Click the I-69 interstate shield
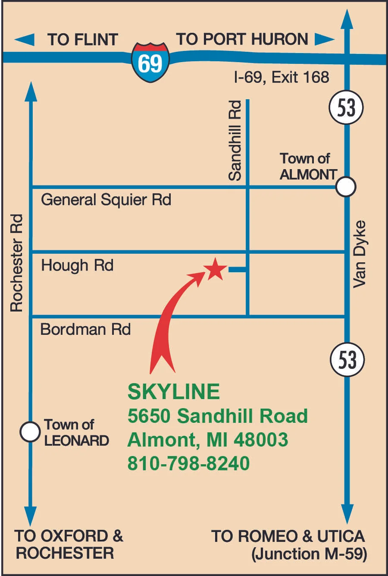point(150,62)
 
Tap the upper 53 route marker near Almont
point(346,107)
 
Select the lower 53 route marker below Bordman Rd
point(347,359)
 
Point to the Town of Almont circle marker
point(346,187)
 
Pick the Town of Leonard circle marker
point(30,431)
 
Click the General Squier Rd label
point(106,200)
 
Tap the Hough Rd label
point(77,265)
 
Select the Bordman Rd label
point(85,329)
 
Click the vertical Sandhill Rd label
point(235,140)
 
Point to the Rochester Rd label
point(16,263)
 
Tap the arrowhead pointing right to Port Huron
point(324,39)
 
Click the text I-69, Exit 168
point(281,77)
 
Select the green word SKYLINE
point(174,391)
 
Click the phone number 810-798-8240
point(188,463)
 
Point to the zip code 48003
point(261,440)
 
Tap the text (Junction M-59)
point(309,554)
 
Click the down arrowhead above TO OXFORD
point(30,516)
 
